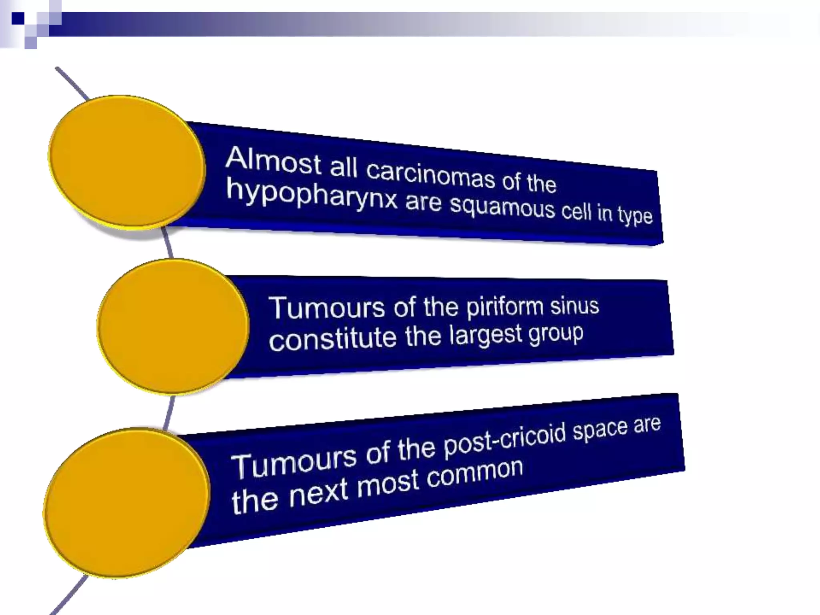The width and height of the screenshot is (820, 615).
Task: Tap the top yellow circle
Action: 127,162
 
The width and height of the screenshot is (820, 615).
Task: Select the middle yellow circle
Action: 173,326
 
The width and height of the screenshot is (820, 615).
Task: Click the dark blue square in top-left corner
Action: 18,18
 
